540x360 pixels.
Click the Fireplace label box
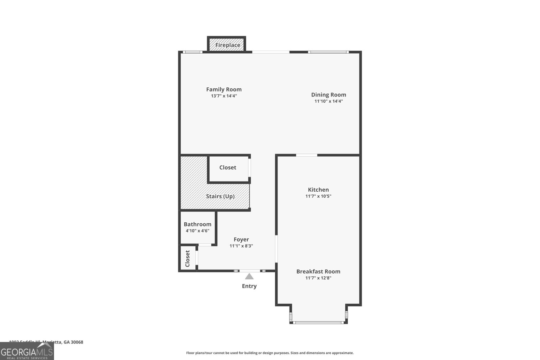point(227,45)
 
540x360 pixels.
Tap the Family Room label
point(224,89)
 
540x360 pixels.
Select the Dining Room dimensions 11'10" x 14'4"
point(328,101)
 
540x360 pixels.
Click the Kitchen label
point(318,190)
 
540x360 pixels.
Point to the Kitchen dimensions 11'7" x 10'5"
point(318,196)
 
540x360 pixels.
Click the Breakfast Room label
point(318,271)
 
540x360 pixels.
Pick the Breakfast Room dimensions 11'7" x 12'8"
point(318,278)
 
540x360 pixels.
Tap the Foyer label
point(241,240)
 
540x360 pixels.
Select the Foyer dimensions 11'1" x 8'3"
point(241,246)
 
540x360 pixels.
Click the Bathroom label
point(197,224)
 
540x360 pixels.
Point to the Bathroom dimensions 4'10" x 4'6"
point(197,231)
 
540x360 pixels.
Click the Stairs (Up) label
point(220,196)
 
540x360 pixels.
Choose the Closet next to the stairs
point(227,167)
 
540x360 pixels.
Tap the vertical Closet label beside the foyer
point(188,258)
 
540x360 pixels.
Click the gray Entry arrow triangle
point(249,277)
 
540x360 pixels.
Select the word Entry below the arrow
point(249,286)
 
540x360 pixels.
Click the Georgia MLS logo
point(27,352)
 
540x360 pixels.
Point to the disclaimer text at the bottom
point(270,353)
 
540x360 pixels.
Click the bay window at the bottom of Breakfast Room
point(318,323)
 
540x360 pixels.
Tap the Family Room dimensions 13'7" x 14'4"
point(224,96)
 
